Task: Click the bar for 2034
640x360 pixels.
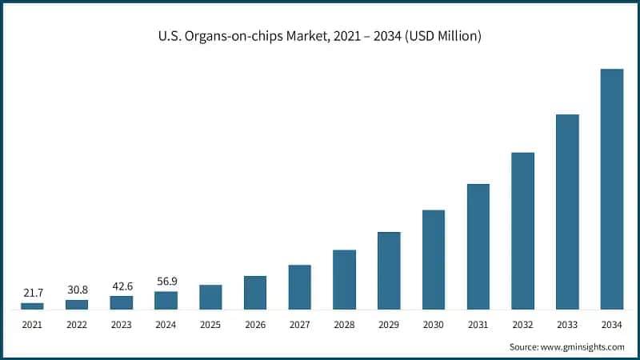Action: (x=612, y=189)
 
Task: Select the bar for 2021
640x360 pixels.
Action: (x=32, y=306)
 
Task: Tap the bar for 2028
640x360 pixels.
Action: (x=344, y=279)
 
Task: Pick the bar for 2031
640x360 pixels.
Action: (x=478, y=246)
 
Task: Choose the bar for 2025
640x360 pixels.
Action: (x=210, y=297)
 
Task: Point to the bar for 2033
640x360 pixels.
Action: (x=567, y=212)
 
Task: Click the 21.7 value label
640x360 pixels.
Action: (x=32, y=294)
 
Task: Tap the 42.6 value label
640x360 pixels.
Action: (x=122, y=286)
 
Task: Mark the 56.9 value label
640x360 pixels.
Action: (x=166, y=282)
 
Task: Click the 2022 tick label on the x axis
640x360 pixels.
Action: (x=77, y=324)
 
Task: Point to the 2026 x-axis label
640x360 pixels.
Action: (x=255, y=324)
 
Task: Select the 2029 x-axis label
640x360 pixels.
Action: (x=389, y=324)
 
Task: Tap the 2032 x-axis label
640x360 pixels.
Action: (x=522, y=324)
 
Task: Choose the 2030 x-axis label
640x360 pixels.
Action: (x=434, y=324)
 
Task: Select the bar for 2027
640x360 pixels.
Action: (x=299, y=287)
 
